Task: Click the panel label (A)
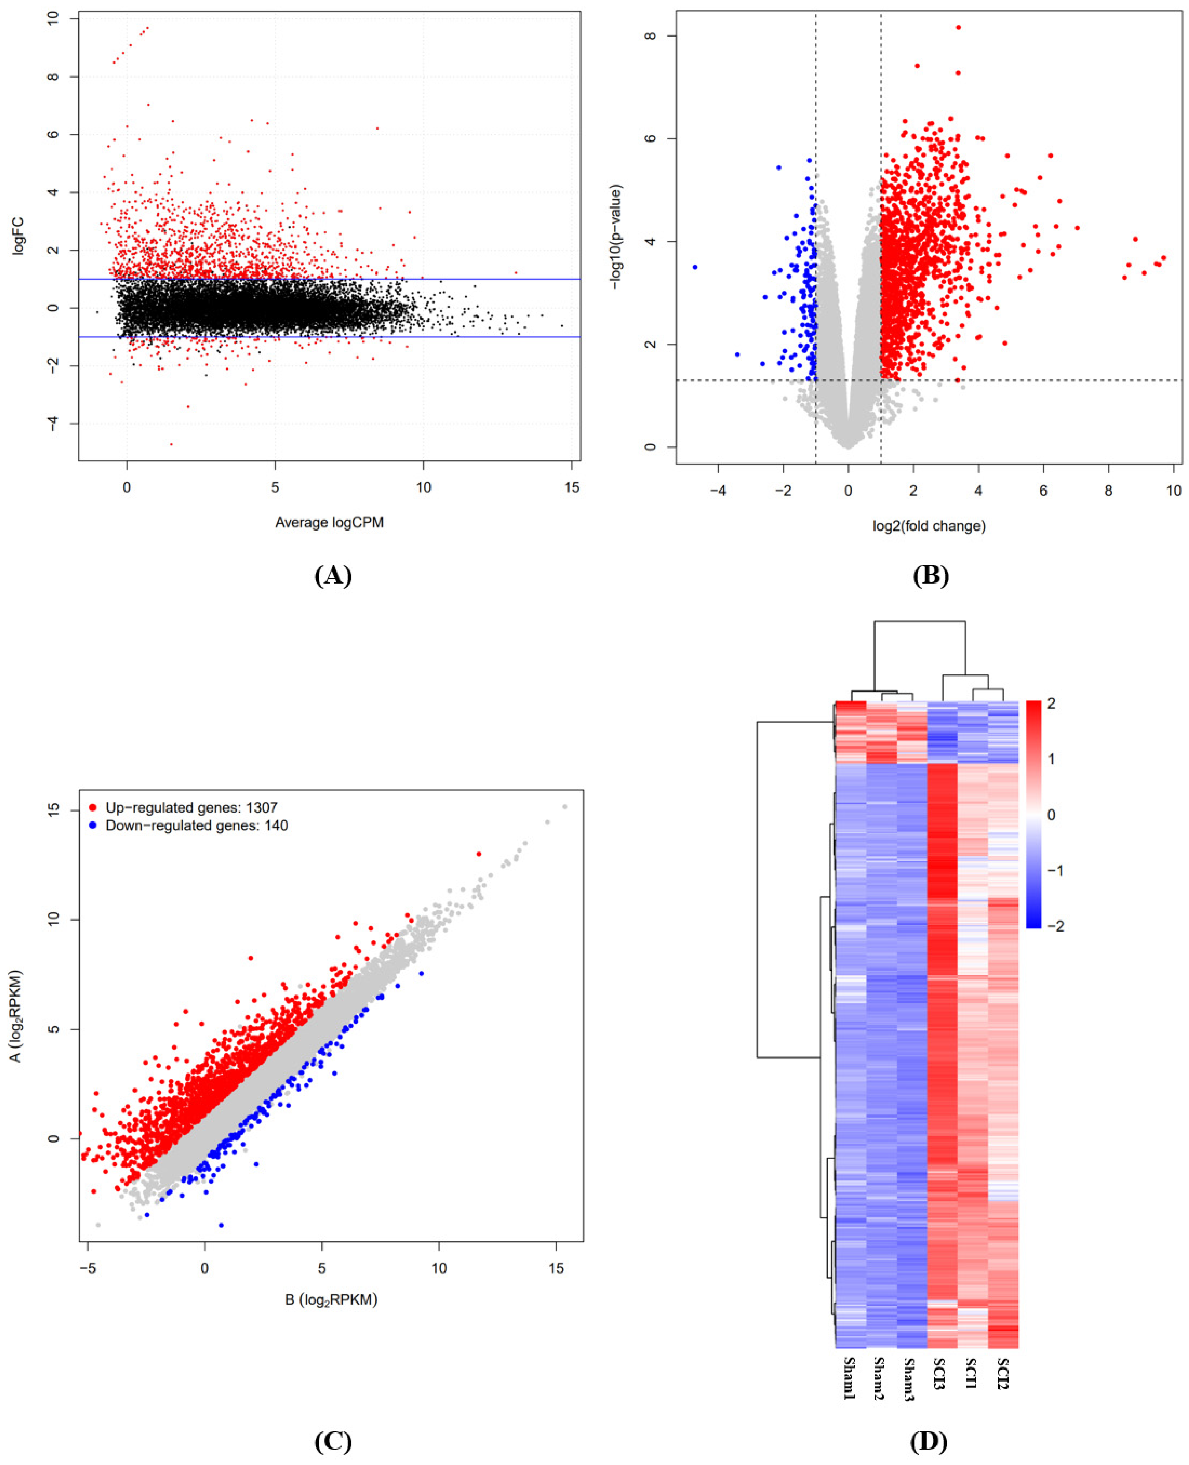[x=333, y=576]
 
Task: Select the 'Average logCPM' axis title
[x=329, y=522]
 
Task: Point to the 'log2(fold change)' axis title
[x=929, y=526]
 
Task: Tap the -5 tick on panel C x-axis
[x=87, y=1269]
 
